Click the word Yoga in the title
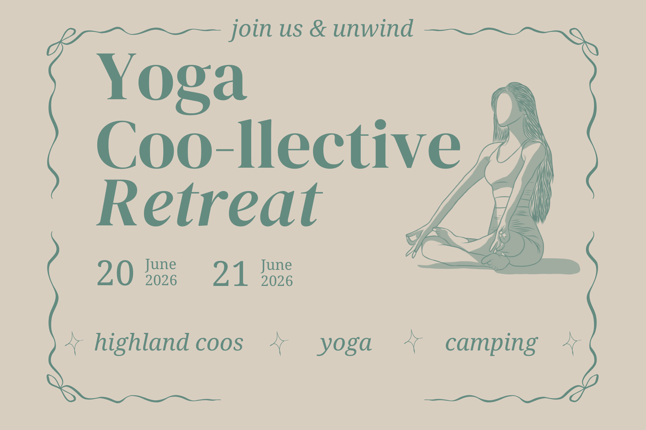click(172, 82)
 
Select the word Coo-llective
click(278, 145)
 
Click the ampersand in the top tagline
click(318, 29)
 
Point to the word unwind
click(373, 29)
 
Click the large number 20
click(115, 273)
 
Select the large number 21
click(230, 274)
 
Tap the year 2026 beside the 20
click(161, 280)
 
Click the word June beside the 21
click(276, 265)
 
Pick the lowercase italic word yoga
click(345, 344)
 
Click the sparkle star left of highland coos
click(74, 343)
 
